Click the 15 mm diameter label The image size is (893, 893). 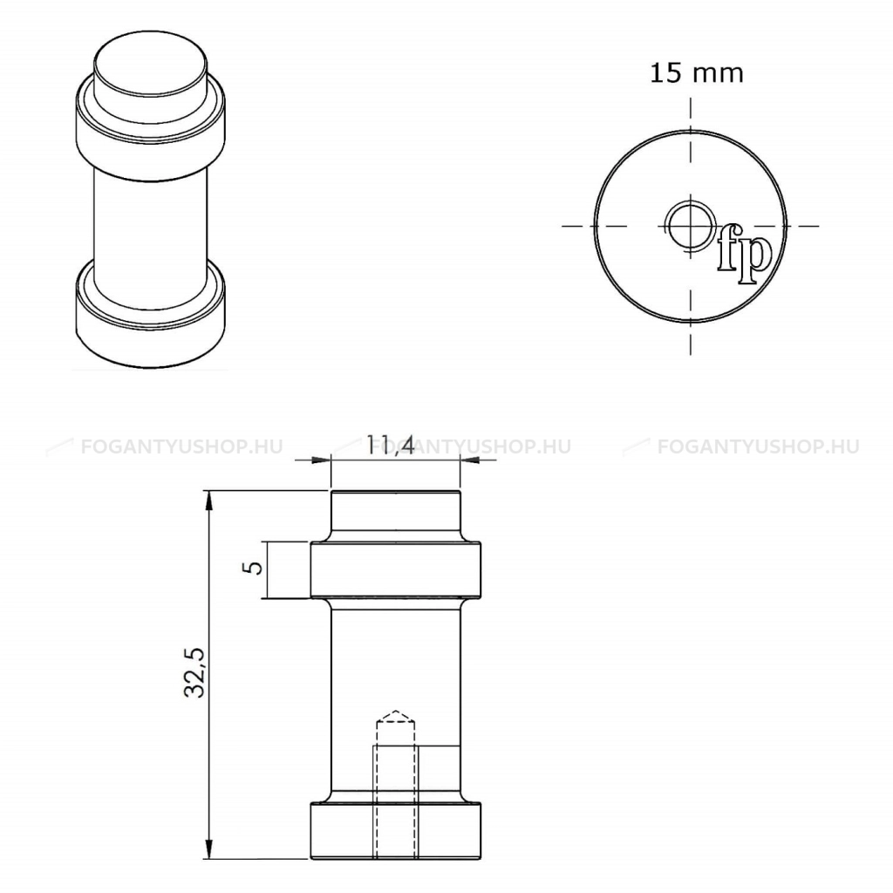(696, 73)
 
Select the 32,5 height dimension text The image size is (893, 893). (194, 672)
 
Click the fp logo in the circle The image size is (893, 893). (744, 256)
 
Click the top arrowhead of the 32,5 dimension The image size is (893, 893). (208, 499)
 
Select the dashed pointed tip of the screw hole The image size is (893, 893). (396, 718)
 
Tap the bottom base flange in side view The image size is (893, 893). (396, 831)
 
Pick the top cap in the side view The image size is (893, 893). (396, 516)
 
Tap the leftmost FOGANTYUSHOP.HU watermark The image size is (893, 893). (166, 446)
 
